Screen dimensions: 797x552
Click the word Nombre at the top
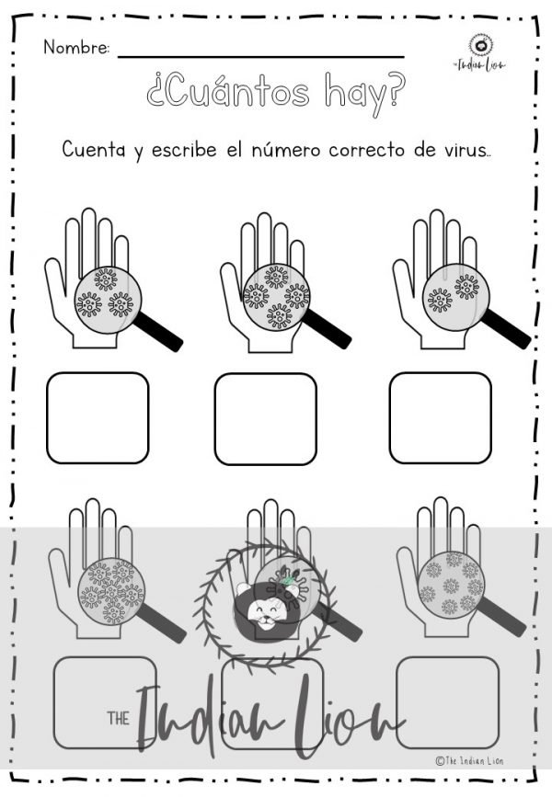76,48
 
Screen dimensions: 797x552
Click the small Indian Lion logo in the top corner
478,51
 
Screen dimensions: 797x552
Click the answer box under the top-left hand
98,417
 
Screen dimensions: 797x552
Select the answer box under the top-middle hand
265,418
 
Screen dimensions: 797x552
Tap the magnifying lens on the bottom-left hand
108,587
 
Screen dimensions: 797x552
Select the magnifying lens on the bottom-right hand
451,583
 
